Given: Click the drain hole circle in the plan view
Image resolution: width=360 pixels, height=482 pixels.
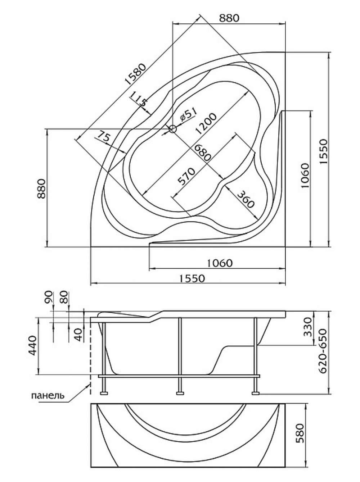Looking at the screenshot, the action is point(173,129).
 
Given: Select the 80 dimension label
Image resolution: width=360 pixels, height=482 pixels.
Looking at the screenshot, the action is point(64,297).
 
